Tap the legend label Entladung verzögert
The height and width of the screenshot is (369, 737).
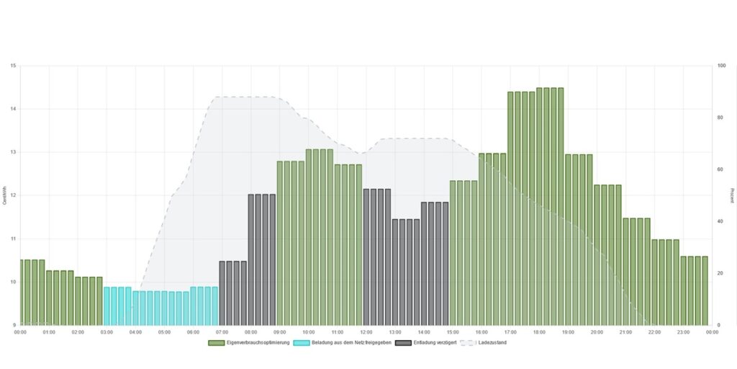(x=435, y=342)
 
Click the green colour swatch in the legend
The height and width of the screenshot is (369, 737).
(x=216, y=342)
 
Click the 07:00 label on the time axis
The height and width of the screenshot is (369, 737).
(x=222, y=332)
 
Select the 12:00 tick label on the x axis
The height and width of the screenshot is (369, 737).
(x=366, y=332)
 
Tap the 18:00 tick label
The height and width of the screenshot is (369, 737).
(x=539, y=332)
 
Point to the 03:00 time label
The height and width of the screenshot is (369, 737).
(x=107, y=332)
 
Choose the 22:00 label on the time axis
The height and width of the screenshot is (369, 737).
(x=654, y=332)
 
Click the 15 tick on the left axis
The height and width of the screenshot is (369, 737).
(x=13, y=66)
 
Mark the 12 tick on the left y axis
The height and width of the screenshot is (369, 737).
(x=13, y=195)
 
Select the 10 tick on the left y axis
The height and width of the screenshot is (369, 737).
(x=13, y=282)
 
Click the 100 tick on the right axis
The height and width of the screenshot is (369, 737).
(x=721, y=66)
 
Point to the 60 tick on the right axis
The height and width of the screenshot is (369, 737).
(x=720, y=169)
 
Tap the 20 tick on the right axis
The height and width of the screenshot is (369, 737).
(x=720, y=273)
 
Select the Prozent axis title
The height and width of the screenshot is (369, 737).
(x=732, y=195)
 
